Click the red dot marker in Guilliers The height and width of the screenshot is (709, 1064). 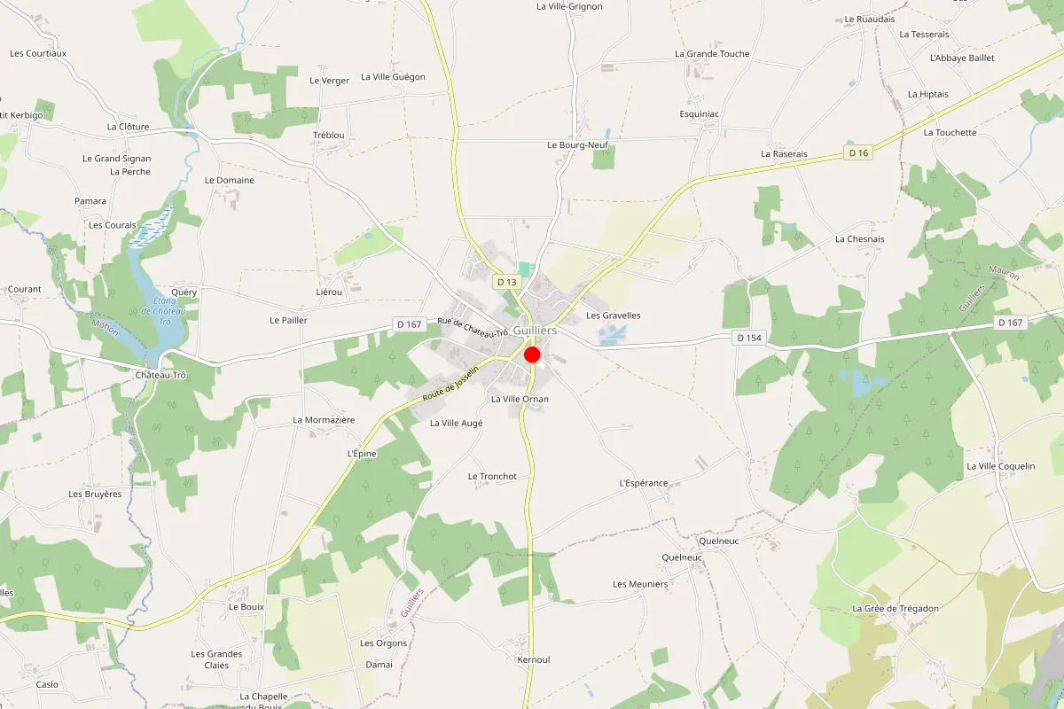coord(533,355)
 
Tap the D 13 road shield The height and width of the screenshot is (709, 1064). coord(506,282)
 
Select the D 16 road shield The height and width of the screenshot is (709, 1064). coord(857,153)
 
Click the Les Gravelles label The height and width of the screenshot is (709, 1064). coord(613,316)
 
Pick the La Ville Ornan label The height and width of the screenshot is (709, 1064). coord(520,399)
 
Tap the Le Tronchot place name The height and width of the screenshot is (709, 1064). coord(492,476)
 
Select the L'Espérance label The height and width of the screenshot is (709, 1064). coord(643,483)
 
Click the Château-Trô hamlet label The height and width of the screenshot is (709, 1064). coord(160,375)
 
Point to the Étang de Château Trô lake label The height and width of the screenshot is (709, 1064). coord(163,310)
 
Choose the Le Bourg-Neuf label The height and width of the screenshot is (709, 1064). coord(576,144)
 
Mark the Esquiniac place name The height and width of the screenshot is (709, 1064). coord(699,114)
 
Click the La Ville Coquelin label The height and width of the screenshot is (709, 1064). coord(1000,466)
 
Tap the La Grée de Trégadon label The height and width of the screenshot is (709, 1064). coord(895,608)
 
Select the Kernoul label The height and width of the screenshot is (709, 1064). coord(534,659)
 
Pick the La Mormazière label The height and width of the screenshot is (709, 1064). coord(324,419)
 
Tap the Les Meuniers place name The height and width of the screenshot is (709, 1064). coord(640,584)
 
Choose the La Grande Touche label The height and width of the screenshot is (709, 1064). coord(712,54)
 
